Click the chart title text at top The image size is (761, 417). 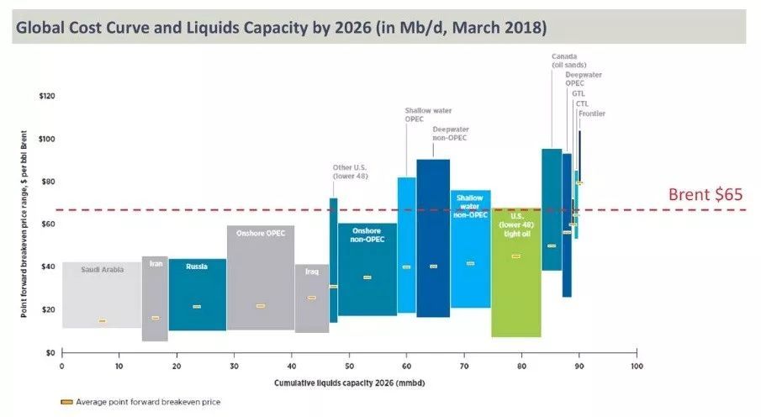point(282,28)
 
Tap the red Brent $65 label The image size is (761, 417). point(706,194)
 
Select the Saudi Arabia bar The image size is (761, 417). point(102,294)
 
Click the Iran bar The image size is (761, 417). point(155,298)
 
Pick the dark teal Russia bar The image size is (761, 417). point(197,294)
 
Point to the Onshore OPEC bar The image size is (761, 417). point(260,277)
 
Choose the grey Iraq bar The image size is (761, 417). point(311,298)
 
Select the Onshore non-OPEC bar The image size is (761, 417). point(367,269)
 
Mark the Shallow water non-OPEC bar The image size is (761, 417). point(470,252)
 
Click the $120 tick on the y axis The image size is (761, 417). point(48,96)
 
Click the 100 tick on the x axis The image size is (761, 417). point(636,367)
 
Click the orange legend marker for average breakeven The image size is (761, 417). point(66,402)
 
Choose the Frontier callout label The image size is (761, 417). point(592,113)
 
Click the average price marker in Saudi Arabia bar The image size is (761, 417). point(103,321)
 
